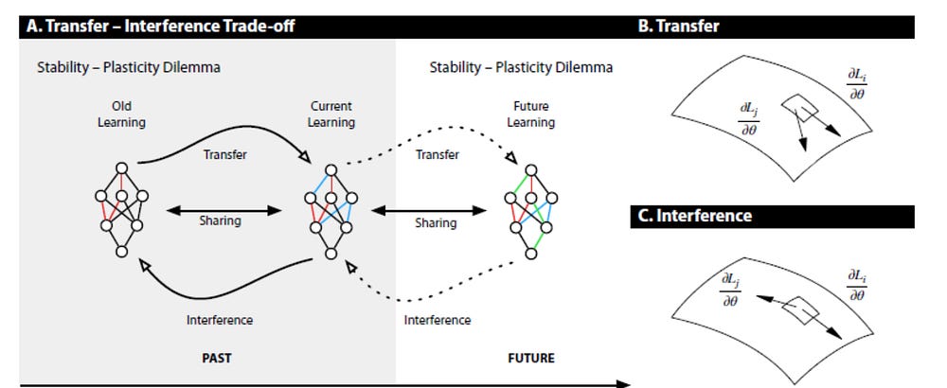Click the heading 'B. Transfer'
pos(678,26)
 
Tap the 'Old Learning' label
pos(121,115)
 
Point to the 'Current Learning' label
pos(331,115)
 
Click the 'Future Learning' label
pos(531,115)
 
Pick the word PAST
pos(217,358)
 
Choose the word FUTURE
pos(531,358)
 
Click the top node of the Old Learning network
pos(121,168)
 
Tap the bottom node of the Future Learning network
pos(531,254)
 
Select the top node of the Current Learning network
pos(331,170)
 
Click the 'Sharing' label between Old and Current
pos(220,220)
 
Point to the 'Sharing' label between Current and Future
pos(436,222)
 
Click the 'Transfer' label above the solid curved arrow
pos(224,154)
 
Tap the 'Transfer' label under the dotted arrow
pos(438,154)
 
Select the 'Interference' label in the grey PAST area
pos(220,320)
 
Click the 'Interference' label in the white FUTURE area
pos(438,320)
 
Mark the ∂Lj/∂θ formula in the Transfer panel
pos(749,118)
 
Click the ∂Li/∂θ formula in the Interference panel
pos(857,285)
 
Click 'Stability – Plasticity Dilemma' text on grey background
pos(129,67)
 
